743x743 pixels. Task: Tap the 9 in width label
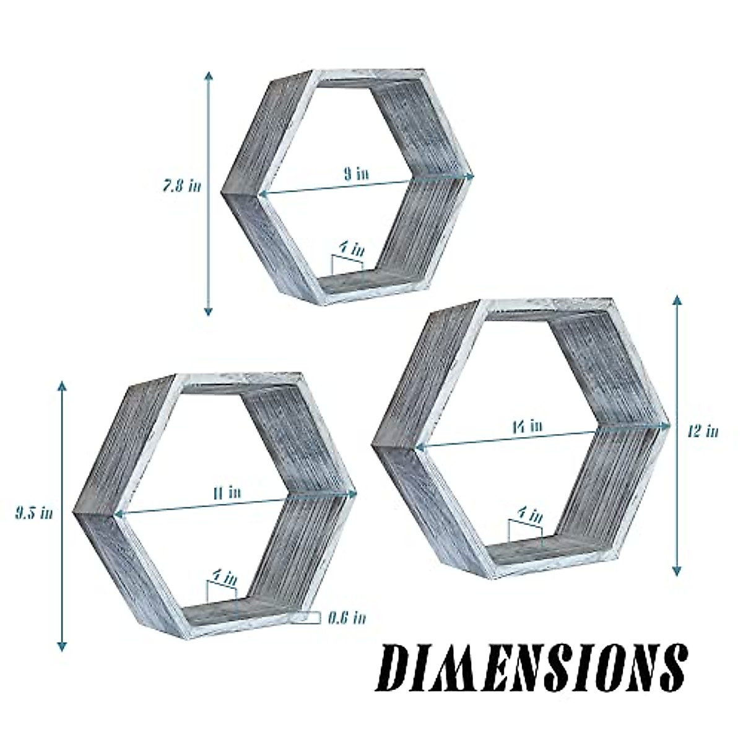click(x=356, y=174)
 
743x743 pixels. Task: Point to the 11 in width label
click(x=227, y=493)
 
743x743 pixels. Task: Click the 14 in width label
click(x=527, y=426)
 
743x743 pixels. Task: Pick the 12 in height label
click(x=703, y=431)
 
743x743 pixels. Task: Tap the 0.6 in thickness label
click(x=346, y=617)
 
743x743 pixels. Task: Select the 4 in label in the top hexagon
click(x=350, y=249)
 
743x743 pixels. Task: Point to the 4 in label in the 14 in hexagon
click(x=530, y=515)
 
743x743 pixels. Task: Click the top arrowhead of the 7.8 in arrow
click(x=209, y=74)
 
